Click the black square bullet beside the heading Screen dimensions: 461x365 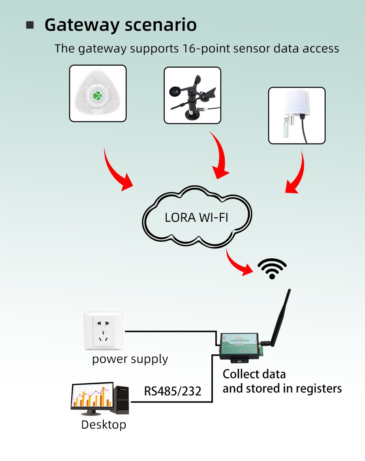(30, 25)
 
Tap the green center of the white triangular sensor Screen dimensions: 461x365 (97, 95)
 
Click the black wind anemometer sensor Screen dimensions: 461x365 (192, 96)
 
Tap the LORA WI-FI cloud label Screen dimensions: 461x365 (196, 217)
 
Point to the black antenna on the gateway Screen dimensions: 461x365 (280, 316)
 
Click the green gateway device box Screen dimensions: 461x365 (239, 345)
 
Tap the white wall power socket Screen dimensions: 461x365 (103, 331)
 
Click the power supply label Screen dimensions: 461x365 (130, 359)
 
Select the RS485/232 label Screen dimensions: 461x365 (173, 392)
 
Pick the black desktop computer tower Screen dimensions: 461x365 (121, 399)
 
